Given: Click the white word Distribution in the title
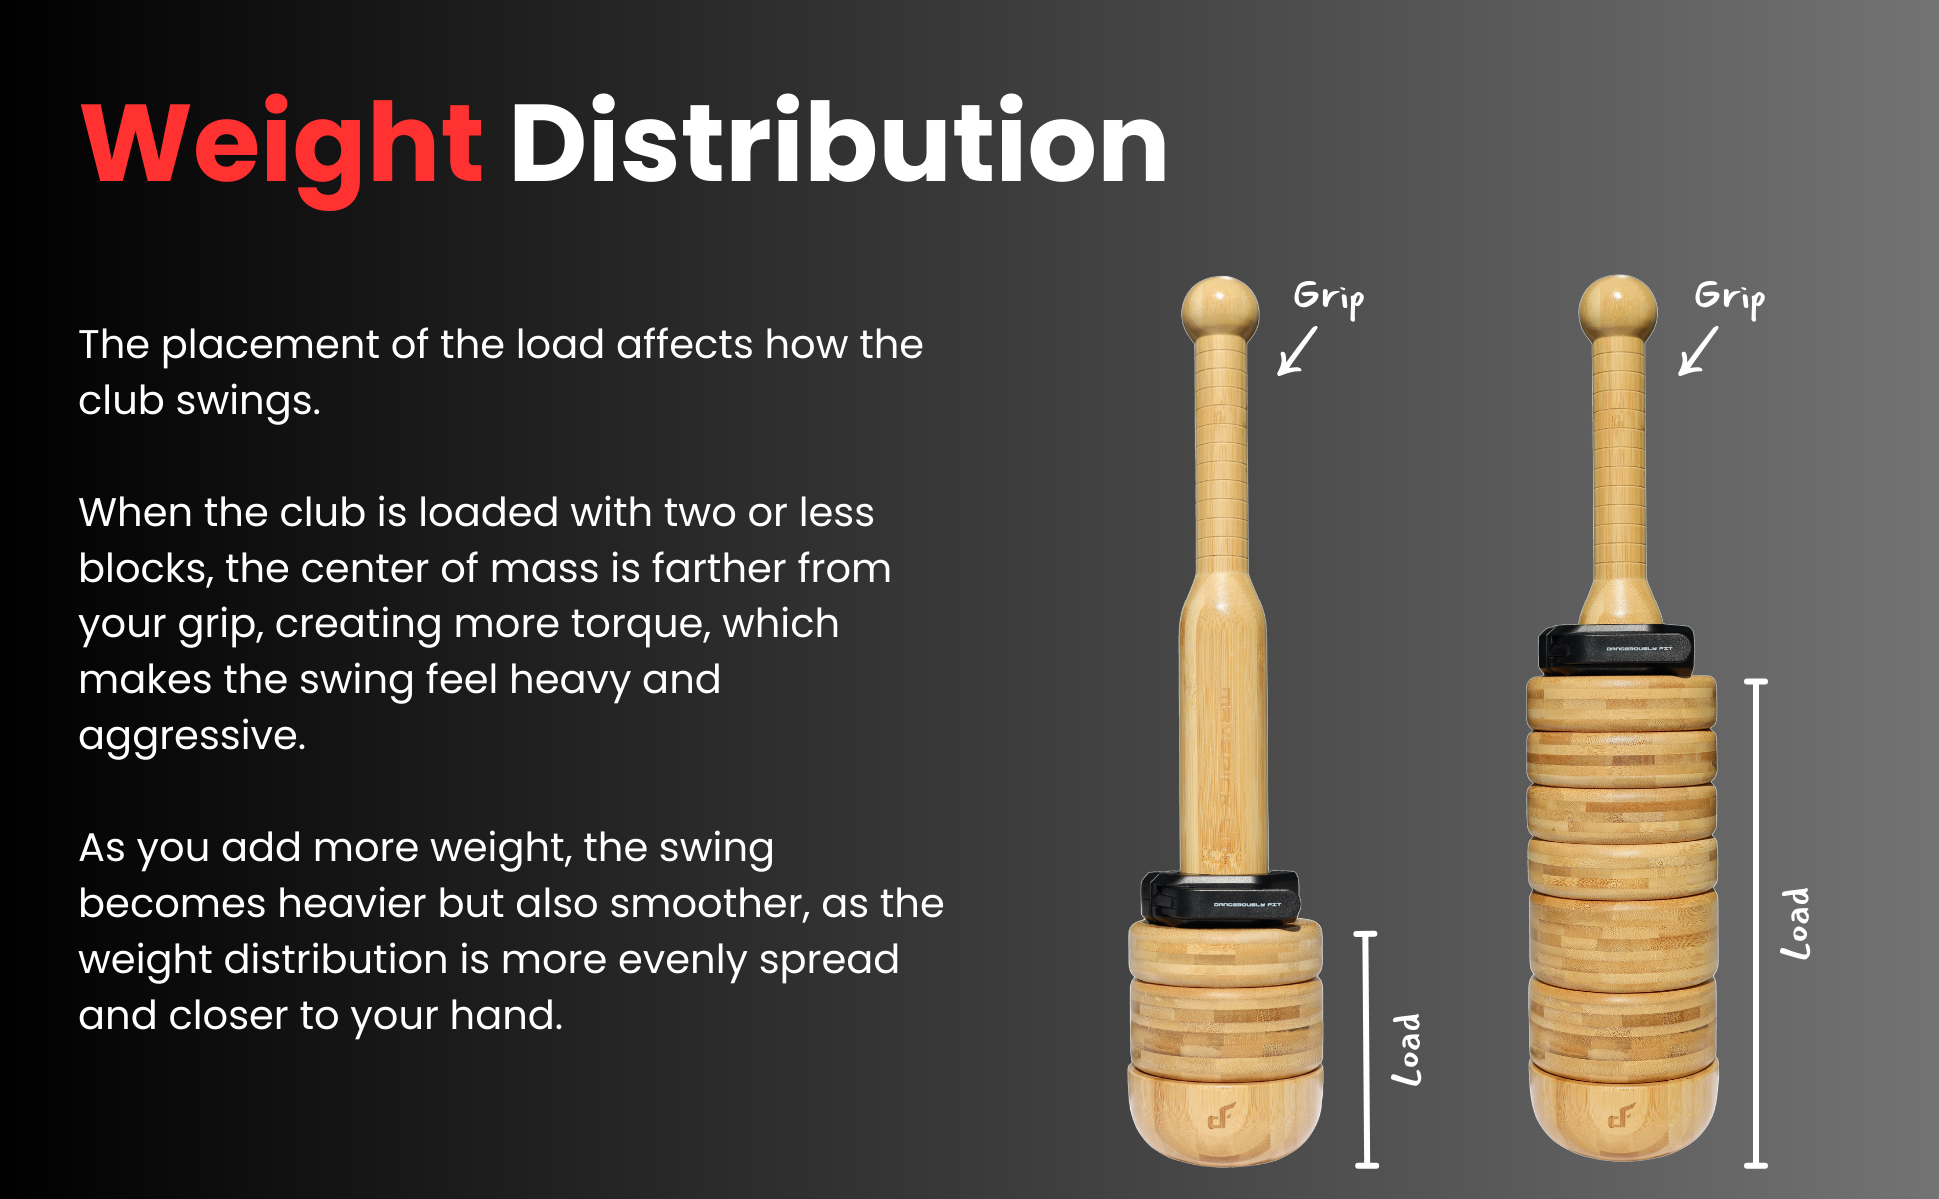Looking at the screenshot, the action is click(839, 141).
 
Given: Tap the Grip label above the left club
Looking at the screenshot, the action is click(1328, 297).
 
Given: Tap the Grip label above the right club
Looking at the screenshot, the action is click(1730, 297).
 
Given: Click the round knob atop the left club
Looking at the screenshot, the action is click(1220, 308).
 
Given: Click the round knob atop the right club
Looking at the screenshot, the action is click(1618, 308).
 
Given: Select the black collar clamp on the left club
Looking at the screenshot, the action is click(1221, 897).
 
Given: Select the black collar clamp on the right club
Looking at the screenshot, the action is click(1616, 650).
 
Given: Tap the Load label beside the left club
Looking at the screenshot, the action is click(1407, 1050).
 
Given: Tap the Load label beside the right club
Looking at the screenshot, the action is click(1796, 924).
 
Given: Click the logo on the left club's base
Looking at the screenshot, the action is click(1221, 1115).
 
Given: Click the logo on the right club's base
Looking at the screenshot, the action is click(1621, 1115).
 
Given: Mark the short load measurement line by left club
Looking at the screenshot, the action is click(1366, 1049).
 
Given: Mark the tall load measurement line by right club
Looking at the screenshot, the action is click(1756, 923).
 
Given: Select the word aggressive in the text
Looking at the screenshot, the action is click(192, 737).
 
